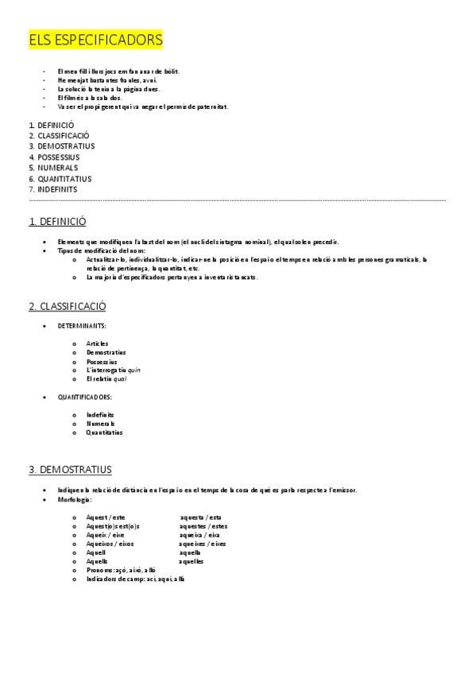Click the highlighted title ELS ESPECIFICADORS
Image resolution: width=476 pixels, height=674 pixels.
click(x=95, y=40)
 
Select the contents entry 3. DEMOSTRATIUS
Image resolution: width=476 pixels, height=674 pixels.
click(x=61, y=146)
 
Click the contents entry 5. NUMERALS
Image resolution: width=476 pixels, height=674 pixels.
click(x=53, y=168)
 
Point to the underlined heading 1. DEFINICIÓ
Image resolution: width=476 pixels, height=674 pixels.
click(x=57, y=222)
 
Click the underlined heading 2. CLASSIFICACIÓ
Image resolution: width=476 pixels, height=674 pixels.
click(x=68, y=306)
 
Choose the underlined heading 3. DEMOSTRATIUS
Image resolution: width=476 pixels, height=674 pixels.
click(x=70, y=470)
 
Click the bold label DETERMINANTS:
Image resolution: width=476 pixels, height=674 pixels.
click(x=82, y=326)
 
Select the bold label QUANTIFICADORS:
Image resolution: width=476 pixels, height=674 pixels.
click(x=85, y=397)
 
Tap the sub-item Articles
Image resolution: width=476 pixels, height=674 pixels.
click(x=97, y=343)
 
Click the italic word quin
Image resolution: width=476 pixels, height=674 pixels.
click(x=134, y=370)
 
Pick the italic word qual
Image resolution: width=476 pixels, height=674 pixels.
click(x=119, y=378)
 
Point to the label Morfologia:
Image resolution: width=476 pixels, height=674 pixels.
click(x=75, y=500)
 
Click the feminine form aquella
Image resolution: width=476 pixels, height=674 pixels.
click(x=190, y=552)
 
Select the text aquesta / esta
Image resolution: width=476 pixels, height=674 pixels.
click(x=200, y=517)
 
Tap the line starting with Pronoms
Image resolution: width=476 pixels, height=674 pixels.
click(x=121, y=570)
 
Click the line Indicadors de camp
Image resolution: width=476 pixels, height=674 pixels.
click(x=135, y=579)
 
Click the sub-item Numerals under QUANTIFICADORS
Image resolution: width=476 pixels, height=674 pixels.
click(x=101, y=424)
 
